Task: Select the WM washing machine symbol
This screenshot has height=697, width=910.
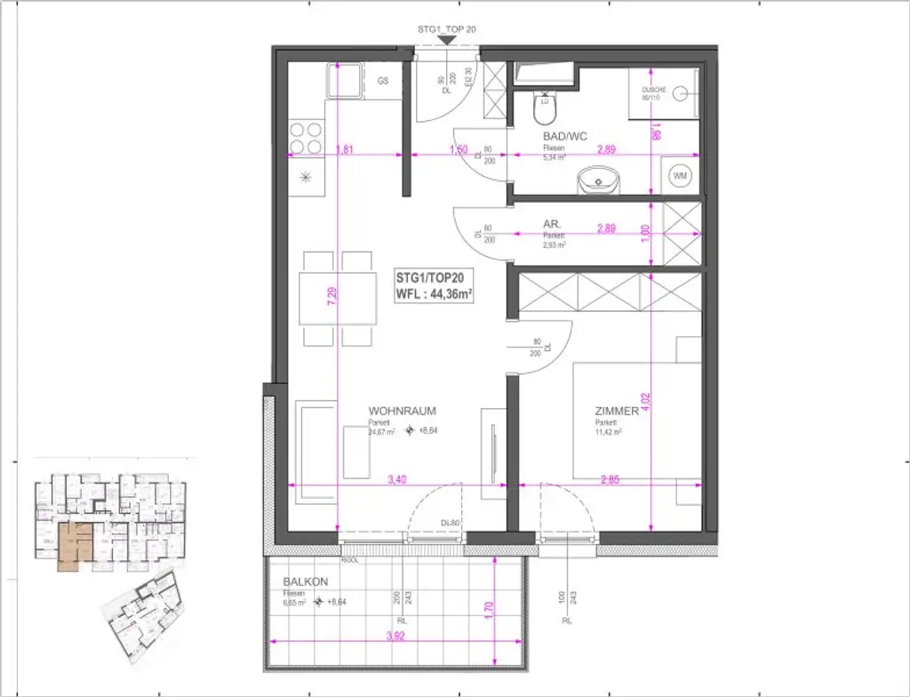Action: tap(681, 176)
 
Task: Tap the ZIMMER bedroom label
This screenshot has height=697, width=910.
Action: tap(618, 412)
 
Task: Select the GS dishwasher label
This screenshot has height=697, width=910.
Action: tap(383, 80)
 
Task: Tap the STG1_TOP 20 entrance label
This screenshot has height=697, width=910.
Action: tap(447, 29)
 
